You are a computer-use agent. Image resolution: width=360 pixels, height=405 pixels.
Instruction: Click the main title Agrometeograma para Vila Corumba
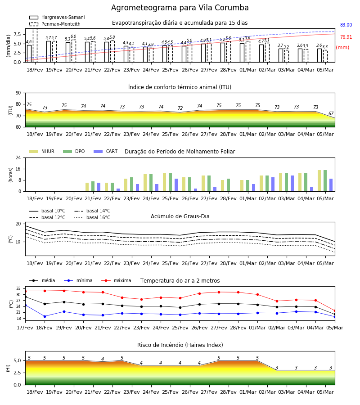coord(180,8)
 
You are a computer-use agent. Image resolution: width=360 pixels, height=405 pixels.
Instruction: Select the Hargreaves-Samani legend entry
coord(57,17)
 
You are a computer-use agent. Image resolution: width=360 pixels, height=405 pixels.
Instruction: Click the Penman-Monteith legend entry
coord(55,24)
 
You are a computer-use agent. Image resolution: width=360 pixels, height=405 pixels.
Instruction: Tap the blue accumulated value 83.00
coord(346,25)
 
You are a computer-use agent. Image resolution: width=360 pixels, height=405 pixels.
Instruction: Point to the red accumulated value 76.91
coord(346,37)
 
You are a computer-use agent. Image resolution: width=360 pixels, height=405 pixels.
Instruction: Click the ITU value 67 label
coord(331,113)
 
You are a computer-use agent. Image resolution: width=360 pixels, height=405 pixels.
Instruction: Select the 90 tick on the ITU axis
coord(18,93)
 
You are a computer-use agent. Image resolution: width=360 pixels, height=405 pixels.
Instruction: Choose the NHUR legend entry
coord(42,151)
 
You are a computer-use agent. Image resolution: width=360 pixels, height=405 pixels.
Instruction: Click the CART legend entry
coord(106,151)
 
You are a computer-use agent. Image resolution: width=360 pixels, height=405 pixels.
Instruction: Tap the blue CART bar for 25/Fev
coord(176,185)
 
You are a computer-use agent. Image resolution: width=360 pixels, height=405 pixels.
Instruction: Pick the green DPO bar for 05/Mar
coord(325,181)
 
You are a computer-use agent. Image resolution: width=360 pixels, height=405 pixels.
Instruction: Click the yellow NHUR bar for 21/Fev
coord(87,187)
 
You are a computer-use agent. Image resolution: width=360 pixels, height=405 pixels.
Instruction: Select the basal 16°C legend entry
coord(92,217)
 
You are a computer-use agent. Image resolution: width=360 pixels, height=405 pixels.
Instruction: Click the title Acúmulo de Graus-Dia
coord(180,216)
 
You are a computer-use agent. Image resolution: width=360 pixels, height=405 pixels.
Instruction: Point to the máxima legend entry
coord(116,280)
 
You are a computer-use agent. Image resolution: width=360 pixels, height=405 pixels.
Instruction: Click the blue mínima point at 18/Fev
coord(45,316)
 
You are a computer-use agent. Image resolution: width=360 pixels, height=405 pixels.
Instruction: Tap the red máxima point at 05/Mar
coord(335,310)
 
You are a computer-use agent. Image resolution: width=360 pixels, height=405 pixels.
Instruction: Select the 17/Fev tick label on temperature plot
coord(25,328)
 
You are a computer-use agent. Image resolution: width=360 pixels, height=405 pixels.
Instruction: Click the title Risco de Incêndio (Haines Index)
coord(180,345)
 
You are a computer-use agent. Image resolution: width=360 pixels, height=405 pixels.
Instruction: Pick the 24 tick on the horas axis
coord(18,157)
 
